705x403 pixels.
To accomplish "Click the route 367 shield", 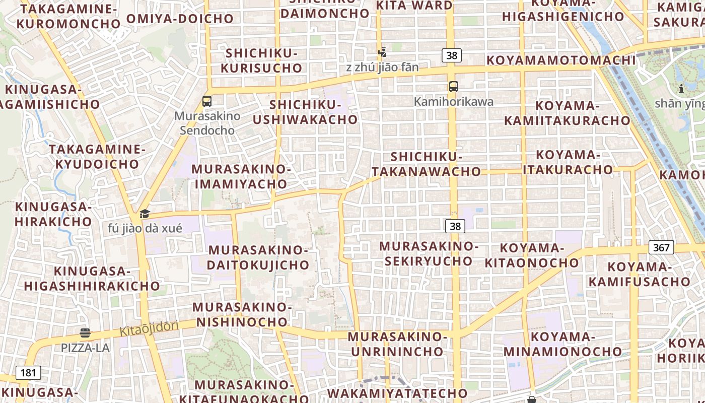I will [x=661, y=247].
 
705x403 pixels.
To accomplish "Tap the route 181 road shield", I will [x=28, y=373].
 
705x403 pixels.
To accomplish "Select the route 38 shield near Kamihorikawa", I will [x=452, y=55].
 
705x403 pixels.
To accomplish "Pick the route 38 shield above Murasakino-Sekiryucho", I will [x=455, y=226].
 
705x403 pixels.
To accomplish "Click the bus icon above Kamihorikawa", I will [x=454, y=87].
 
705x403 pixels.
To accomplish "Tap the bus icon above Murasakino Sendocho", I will [x=206, y=101].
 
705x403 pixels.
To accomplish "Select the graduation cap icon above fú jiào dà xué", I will [x=145, y=214].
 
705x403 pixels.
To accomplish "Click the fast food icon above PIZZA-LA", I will [x=85, y=333].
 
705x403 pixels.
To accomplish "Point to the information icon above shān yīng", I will [x=681, y=89].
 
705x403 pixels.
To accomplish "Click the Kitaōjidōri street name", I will [x=149, y=329].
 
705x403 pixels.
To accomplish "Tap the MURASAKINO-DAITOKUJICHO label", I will [x=258, y=257].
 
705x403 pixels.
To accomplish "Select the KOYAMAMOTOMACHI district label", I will [x=561, y=60].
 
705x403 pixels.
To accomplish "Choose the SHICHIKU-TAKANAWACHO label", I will [x=427, y=164].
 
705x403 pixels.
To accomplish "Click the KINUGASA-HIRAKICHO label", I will [x=53, y=214].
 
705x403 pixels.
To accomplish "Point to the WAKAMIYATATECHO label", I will [x=397, y=393].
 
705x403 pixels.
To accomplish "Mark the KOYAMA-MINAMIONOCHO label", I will [x=563, y=344].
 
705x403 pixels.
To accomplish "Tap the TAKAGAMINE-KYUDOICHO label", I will [x=97, y=157].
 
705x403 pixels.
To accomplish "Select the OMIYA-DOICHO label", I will [x=180, y=19].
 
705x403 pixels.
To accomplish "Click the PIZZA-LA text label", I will [x=85, y=348].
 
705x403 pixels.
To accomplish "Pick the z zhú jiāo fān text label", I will [x=382, y=67].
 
